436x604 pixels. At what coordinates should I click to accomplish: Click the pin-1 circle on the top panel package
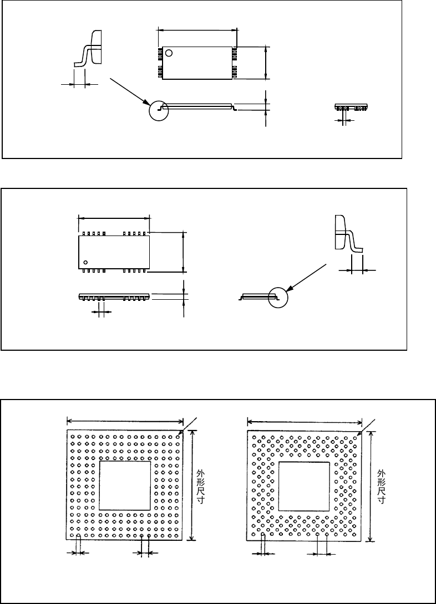169,53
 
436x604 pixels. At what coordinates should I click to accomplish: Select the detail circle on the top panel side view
158,110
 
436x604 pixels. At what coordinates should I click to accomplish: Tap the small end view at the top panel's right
351,108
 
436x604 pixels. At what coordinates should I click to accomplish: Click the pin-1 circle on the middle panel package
86,262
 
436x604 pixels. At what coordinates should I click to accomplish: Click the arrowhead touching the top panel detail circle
146,101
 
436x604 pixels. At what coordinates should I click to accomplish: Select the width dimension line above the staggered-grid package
304,423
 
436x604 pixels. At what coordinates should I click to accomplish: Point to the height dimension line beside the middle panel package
184,252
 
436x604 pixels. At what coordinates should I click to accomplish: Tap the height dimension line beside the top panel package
267,63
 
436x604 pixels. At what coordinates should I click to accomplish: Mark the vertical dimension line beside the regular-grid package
192,485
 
